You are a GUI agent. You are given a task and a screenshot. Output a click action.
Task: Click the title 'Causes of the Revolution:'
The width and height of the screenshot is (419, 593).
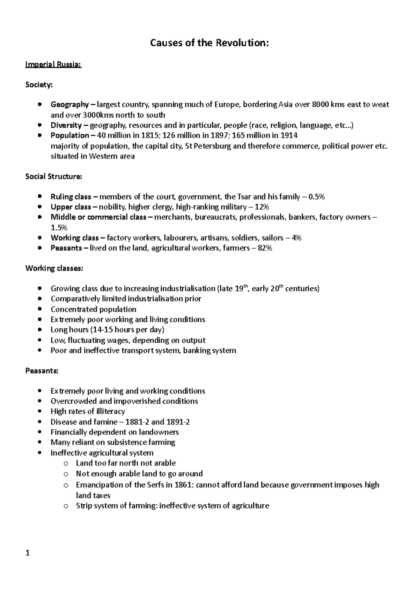(209, 43)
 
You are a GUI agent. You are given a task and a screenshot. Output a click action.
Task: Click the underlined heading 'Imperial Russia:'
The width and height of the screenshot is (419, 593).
(53, 65)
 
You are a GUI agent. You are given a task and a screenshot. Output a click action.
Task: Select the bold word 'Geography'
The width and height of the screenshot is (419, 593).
(69, 104)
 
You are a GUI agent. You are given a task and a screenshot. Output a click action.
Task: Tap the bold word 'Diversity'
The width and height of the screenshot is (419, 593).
(66, 125)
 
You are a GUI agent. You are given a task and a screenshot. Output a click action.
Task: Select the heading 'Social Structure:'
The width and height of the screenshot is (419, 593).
(54, 176)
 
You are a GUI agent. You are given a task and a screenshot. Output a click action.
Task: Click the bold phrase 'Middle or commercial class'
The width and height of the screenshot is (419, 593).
(98, 217)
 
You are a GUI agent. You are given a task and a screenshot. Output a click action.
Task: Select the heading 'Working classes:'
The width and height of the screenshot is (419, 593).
(54, 269)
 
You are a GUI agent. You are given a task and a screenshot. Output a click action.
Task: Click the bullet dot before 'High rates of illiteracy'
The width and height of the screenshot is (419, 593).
(41, 412)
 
